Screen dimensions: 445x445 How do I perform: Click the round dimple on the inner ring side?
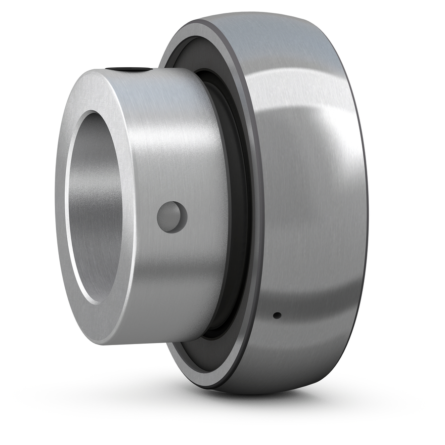[172, 217]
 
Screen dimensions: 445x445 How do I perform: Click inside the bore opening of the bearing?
[96, 208]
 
